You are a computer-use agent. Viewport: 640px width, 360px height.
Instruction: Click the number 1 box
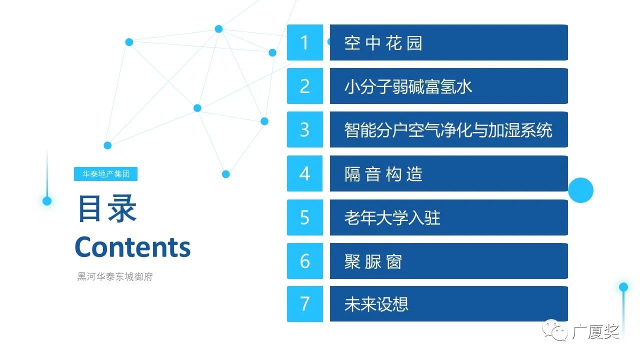point(305,42)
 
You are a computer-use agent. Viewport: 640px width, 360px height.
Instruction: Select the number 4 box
point(305,173)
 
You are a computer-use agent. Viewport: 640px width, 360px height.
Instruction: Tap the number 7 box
point(305,304)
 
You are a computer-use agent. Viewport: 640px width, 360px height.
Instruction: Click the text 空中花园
point(383,43)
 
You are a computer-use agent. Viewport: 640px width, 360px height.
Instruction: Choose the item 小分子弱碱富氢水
point(408,86)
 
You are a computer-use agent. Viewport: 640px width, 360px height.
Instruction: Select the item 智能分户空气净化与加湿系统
point(448,130)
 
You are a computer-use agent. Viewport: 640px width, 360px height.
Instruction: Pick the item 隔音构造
point(383,174)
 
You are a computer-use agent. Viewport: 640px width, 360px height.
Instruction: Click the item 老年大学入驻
point(392,217)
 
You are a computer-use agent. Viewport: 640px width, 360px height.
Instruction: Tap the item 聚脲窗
point(373,261)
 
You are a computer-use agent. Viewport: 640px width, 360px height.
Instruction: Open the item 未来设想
point(376,304)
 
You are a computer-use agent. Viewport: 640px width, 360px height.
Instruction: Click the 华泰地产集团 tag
point(105,174)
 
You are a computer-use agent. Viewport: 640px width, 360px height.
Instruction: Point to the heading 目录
point(107,208)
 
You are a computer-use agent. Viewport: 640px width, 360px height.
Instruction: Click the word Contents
point(133,247)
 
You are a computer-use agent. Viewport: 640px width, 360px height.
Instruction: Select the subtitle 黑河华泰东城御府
point(115,276)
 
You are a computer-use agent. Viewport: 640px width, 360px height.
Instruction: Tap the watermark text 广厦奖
point(595,332)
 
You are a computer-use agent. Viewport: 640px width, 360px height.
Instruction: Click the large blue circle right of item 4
point(580,190)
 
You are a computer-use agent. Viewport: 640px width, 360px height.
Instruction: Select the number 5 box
point(305,217)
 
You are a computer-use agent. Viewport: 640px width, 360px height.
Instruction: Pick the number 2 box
point(305,86)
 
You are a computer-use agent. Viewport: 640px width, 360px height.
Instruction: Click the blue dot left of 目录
point(47,201)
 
